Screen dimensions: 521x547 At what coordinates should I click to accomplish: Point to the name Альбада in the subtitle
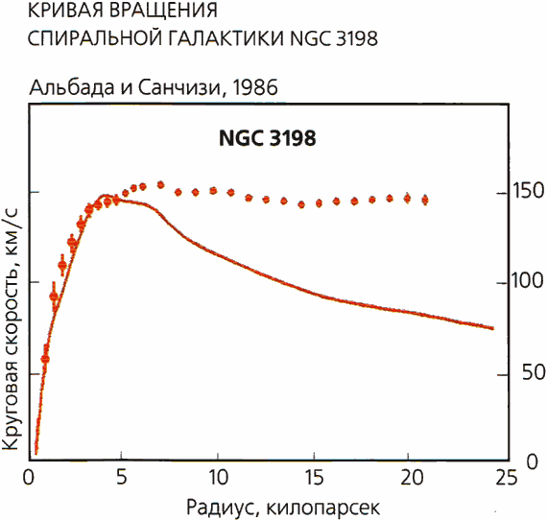pyautogui.click(x=73, y=87)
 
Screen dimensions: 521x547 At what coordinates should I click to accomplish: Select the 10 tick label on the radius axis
pyautogui.click(x=217, y=477)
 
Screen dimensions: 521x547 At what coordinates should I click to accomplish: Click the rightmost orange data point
pyautogui.click(x=425, y=200)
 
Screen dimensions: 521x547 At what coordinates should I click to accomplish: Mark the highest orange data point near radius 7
pyautogui.click(x=160, y=184)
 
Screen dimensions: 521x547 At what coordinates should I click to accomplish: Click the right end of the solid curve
pyautogui.click(x=493, y=328)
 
